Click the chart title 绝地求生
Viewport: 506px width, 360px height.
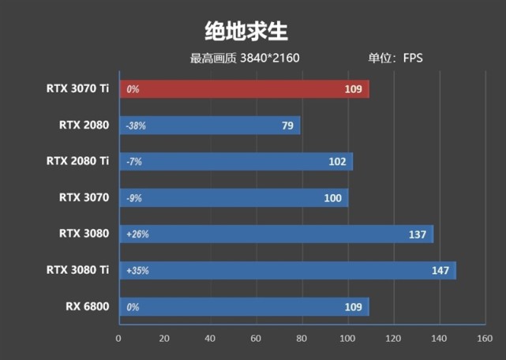[247, 31]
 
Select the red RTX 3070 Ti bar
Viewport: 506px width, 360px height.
[237, 89]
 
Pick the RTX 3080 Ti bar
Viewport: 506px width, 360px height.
[284, 271]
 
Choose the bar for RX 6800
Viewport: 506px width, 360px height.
[237, 307]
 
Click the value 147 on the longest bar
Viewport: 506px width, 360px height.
[440, 271]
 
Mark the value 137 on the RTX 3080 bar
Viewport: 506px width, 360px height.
[418, 234]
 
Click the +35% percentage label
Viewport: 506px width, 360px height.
[137, 271]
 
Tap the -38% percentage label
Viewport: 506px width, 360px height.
[136, 126]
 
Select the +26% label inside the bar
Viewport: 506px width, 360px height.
[137, 234]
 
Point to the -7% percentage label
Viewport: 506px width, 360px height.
[133, 162]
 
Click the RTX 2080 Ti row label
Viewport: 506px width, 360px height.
[77, 161]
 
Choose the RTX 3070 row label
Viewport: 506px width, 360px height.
[84, 197]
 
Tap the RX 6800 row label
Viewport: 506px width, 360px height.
[86, 306]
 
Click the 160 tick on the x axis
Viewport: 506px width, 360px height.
[485, 339]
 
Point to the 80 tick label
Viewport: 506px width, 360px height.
[302, 339]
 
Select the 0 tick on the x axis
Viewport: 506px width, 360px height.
[118, 339]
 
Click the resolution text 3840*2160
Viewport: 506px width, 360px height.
[270, 58]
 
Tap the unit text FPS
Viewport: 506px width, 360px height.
[413, 58]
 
